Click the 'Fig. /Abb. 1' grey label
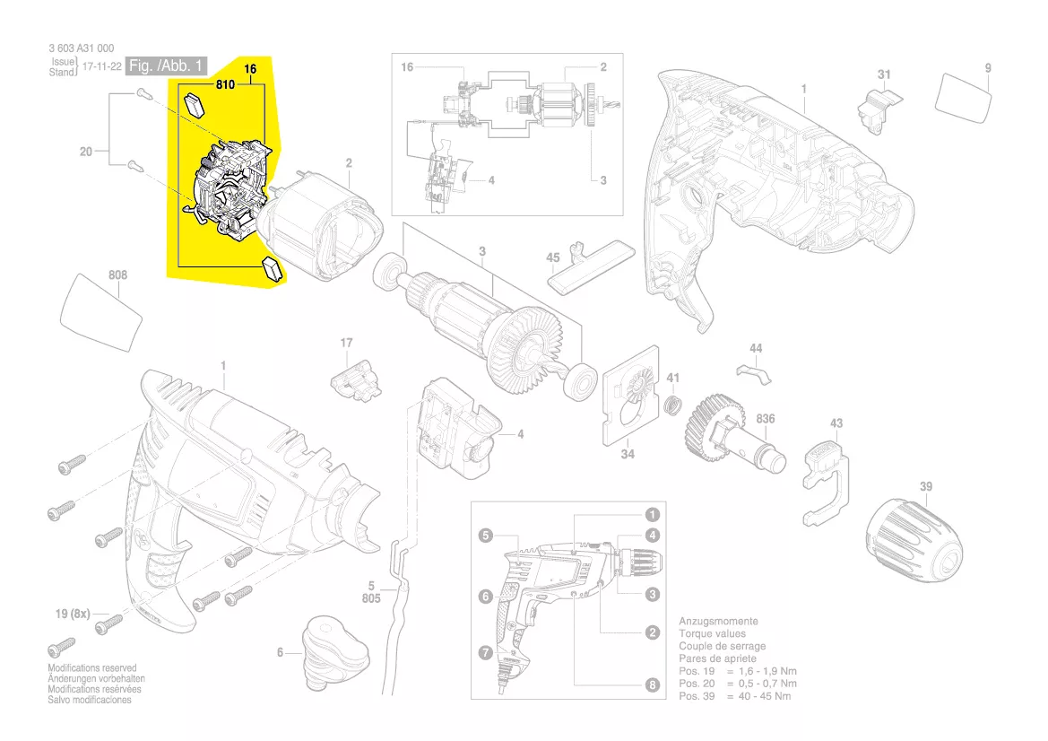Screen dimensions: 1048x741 point(167,65)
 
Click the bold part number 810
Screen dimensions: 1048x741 point(225,84)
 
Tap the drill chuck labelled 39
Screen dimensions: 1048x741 point(914,546)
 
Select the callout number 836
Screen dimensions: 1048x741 point(766,419)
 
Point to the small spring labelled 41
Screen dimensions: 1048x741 point(674,404)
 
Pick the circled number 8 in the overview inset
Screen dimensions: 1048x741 point(653,684)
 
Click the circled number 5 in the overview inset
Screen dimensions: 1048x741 point(486,535)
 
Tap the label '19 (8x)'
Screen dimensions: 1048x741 point(73,614)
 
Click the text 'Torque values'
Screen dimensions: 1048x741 point(713,633)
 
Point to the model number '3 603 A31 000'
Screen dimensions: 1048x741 point(82,48)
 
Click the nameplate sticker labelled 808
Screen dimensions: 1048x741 point(101,312)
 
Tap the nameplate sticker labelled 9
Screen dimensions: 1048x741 point(963,98)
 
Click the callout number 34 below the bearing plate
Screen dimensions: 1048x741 point(627,453)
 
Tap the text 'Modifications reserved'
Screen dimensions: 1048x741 point(92,668)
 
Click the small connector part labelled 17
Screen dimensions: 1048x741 point(356,382)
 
